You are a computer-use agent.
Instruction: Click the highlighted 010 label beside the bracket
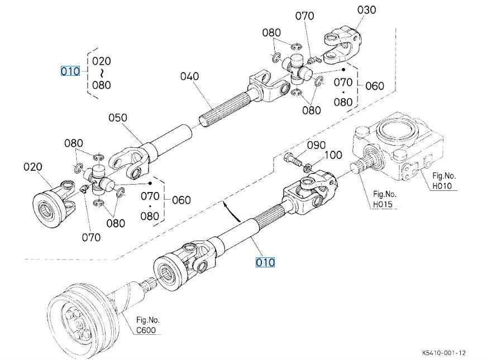[x=70, y=71]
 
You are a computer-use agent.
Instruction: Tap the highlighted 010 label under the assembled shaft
[x=265, y=262]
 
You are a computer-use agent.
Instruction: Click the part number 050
[x=117, y=118]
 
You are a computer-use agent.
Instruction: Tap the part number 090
[x=317, y=146]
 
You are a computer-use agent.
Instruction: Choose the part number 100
[x=333, y=155]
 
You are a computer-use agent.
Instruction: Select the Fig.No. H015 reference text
[x=385, y=199]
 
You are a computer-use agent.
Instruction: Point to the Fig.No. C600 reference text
[x=147, y=325]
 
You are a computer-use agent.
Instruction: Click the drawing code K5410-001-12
[x=443, y=353]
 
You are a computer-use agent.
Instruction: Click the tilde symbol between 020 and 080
[x=102, y=73]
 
